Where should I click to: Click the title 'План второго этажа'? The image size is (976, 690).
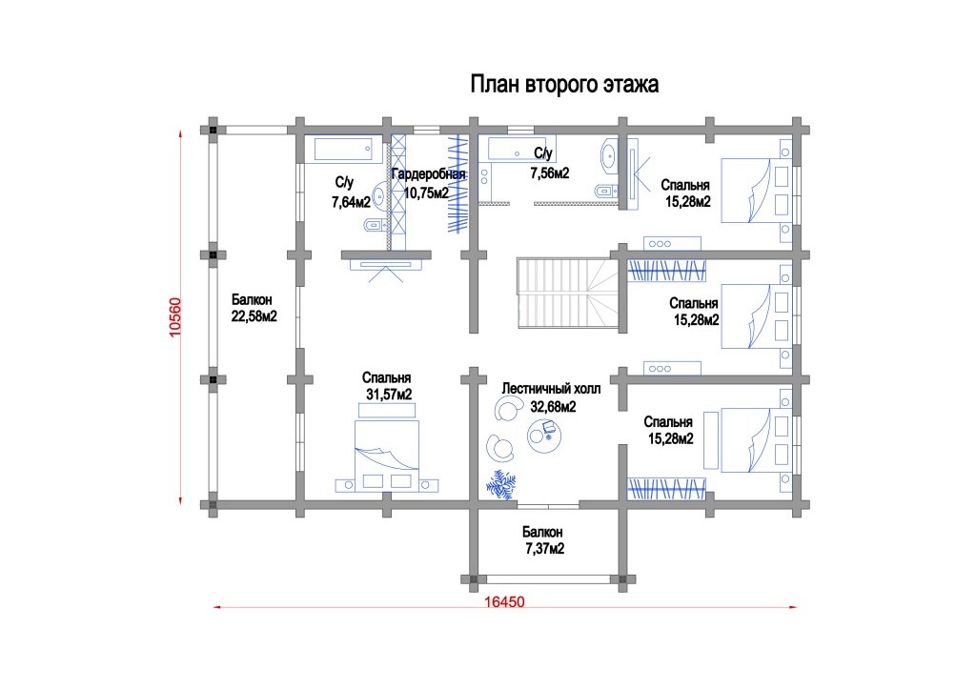[564, 84]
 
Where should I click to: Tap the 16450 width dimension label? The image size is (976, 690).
[504, 601]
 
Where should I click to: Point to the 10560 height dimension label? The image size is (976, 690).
[175, 317]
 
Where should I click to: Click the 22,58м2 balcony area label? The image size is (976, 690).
[254, 316]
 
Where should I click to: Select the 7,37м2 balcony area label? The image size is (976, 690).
[544, 549]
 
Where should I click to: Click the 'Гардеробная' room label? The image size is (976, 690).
[428, 174]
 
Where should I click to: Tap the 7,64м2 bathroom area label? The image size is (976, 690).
[351, 202]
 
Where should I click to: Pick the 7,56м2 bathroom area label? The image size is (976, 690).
[550, 172]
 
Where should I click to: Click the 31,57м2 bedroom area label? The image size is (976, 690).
[389, 395]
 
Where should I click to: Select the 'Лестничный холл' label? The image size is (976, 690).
[552, 389]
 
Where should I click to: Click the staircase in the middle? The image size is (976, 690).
[568, 292]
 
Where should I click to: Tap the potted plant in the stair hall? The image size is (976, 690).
[501, 484]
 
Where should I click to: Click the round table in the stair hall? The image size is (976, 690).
[544, 435]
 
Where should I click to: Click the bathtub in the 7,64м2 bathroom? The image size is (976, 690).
[344, 150]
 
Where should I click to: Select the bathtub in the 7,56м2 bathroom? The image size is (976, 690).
[517, 149]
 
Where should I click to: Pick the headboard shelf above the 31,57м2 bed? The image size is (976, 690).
[387, 411]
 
